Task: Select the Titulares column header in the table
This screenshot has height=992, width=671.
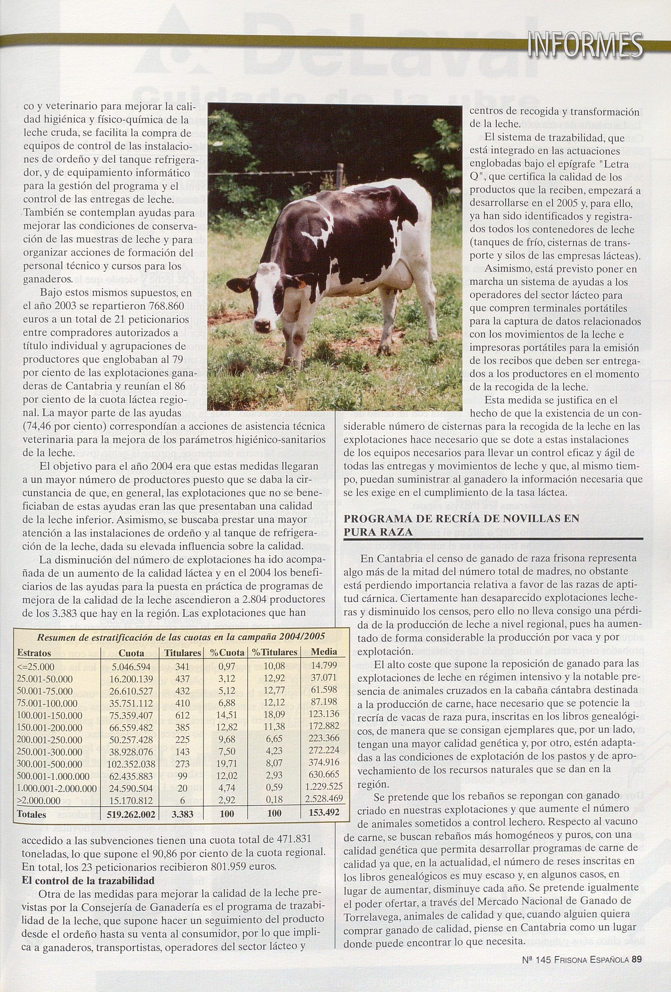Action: click(183, 653)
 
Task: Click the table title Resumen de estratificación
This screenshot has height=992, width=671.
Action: click(181, 637)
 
